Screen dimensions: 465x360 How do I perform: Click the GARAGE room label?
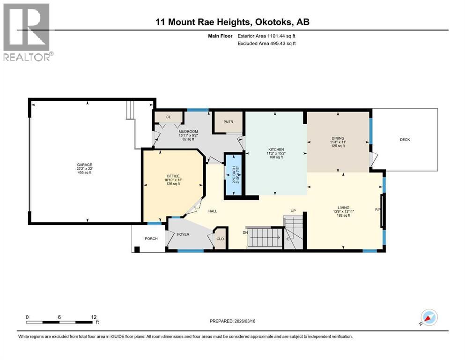pyautogui.click(x=84, y=165)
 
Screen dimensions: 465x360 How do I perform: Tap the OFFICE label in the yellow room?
pyautogui.click(x=173, y=176)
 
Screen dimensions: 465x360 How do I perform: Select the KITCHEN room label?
pyautogui.click(x=276, y=150)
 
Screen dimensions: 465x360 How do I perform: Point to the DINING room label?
pyautogui.click(x=338, y=138)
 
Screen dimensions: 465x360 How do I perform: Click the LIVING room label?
pyautogui.click(x=343, y=208)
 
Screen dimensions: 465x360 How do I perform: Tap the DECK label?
pyautogui.click(x=405, y=140)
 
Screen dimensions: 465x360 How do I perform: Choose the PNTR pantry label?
pyautogui.click(x=229, y=122)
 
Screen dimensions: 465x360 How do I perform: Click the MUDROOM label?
pyautogui.click(x=188, y=131)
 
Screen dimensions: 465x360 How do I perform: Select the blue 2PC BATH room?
pyautogui.click(x=234, y=174)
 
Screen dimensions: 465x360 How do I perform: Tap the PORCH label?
pyautogui.click(x=151, y=239)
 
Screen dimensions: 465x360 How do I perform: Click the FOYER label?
pyautogui.click(x=183, y=234)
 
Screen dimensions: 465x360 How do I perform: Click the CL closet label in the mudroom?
pyautogui.click(x=169, y=117)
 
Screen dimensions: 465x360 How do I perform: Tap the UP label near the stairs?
pyautogui.click(x=293, y=211)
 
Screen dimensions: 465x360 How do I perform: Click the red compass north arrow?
pyautogui.click(x=428, y=318)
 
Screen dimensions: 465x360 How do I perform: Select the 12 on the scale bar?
pyautogui.click(x=94, y=317)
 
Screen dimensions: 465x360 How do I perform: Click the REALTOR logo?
pyautogui.click(x=27, y=32)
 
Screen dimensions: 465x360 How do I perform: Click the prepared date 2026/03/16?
pyautogui.click(x=244, y=321)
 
